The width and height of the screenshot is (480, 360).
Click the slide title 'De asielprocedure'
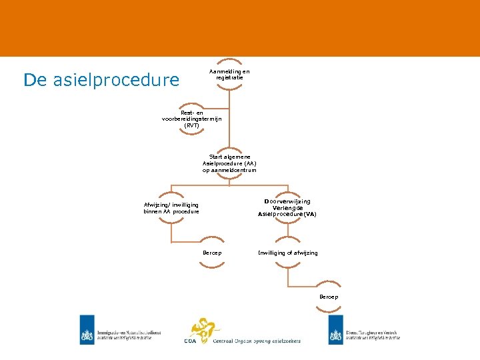pos(101,80)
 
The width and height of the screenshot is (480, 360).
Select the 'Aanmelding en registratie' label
pos(229,74)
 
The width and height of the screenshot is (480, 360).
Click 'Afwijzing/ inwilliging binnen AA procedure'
pos(171,208)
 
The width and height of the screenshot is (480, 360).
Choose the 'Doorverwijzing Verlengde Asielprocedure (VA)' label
pos(287,208)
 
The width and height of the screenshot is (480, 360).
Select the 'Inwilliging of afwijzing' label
pos(288,253)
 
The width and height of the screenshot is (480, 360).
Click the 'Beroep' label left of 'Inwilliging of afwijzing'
pos(212,253)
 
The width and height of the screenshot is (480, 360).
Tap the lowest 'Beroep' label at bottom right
pos(329,297)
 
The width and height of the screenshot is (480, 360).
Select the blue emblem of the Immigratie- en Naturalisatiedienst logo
pos(87,329)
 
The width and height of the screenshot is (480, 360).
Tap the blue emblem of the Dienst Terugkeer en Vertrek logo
pos(335,329)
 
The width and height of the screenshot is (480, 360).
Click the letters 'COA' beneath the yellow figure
pos(191,341)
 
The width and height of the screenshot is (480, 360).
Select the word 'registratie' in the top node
pos(229,77)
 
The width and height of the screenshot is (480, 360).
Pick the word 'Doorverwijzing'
pos(287,201)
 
